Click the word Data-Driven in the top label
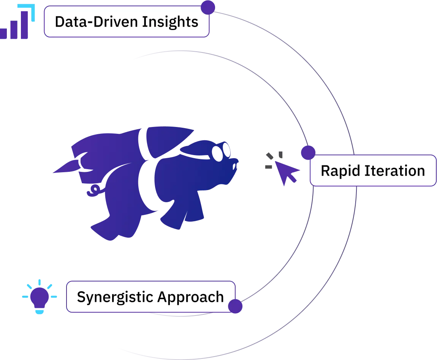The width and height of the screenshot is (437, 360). point(96,22)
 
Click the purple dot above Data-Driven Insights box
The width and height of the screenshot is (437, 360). point(208,6)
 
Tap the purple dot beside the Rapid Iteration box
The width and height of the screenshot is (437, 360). point(308,152)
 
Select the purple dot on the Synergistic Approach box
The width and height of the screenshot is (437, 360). point(235,306)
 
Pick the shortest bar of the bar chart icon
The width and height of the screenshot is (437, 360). point(4,33)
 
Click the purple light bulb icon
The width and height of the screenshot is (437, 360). point(40,297)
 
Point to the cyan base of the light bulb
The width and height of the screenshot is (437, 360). point(40,312)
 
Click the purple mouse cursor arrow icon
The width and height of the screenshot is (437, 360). point(288,173)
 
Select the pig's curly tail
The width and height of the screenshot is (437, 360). point(92,190)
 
